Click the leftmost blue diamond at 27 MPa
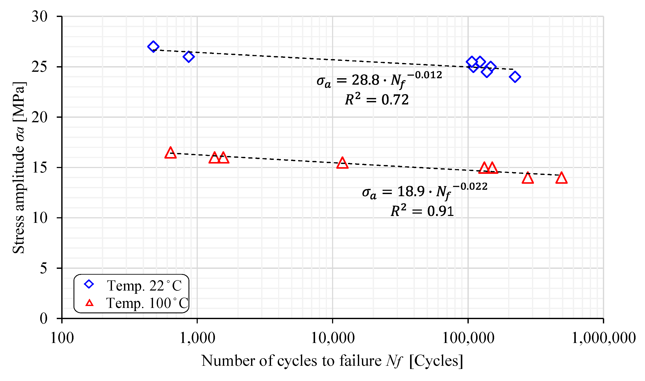coord(153,46)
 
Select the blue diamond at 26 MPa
coord(189,57)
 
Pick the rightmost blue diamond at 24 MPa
coord(515,77)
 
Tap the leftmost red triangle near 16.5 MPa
coord(170,153)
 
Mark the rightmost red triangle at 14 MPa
coord(562,178)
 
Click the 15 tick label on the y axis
coord(40,167)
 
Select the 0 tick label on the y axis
coord(44,318)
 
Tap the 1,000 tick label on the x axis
coord(197,338)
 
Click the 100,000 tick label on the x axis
coord(468,338)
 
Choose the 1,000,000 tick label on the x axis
coord(603,338)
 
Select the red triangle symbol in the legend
coord(89,303)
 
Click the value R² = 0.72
coord(377,99)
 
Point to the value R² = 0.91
coord(422,211)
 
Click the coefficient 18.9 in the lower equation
coord(411,191)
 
